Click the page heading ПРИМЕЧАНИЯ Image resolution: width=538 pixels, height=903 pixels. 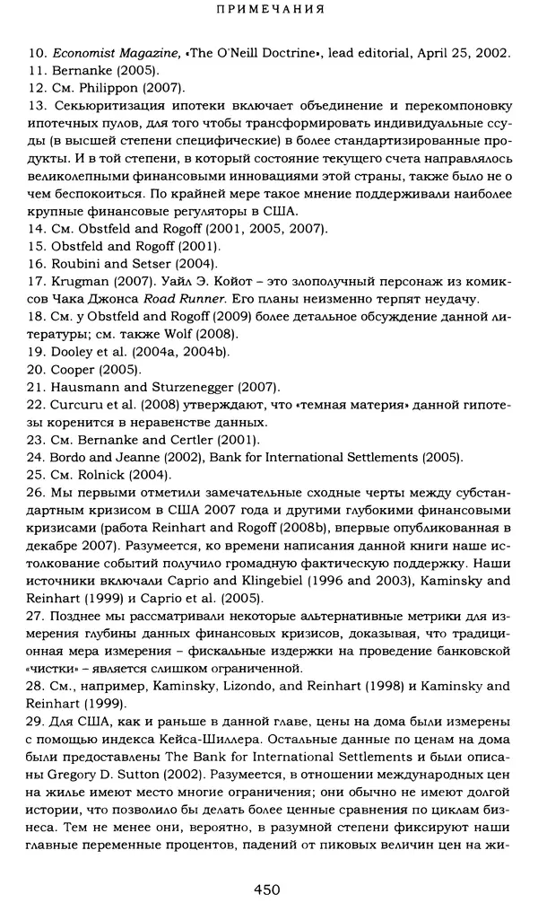[x=269, y=12]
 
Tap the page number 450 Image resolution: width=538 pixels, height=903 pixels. [x=268, y=889]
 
